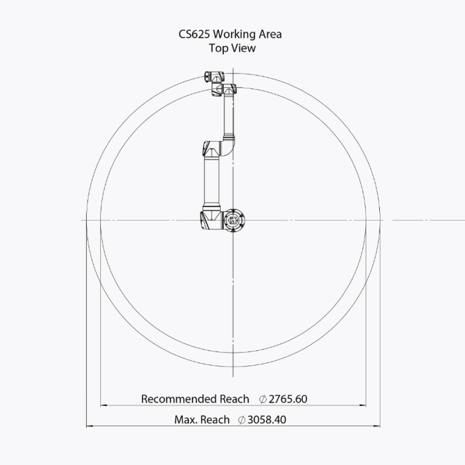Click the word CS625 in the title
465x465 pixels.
(194, 34)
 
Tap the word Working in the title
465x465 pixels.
(235, 35)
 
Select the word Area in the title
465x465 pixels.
(270, 34)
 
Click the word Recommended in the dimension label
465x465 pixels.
(179, 399)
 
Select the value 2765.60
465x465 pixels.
(288, 399)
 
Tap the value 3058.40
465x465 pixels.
(267, 420)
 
